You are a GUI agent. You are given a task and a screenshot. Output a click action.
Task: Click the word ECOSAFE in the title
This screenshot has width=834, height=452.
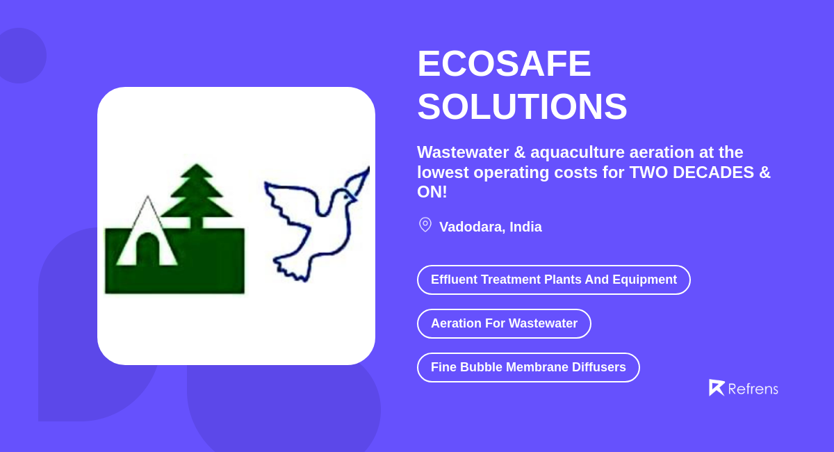pyautogui.click(x=504, y=64)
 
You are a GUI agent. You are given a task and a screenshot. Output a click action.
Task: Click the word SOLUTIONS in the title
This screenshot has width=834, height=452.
pyautogui.click(x=522, y=107)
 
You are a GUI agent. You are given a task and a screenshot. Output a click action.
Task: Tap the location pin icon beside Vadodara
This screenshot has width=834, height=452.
pyautogui.click(x=425, y=225)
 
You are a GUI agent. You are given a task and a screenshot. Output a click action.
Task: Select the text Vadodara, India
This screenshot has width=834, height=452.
pyautogui.click(x=490, y=227)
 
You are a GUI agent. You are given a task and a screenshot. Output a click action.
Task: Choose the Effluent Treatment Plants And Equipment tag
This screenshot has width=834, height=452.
pyautogui.click(x=553, y=280)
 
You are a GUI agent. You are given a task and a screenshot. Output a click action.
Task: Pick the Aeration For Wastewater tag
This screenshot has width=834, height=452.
pyautogui.click(x=504, y=323)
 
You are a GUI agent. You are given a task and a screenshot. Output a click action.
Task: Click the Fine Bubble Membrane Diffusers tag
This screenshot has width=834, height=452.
pyautogui.click(x=528, y=367)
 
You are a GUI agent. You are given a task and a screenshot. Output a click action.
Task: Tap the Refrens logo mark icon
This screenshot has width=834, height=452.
pyautogui.click(x=717, y=387)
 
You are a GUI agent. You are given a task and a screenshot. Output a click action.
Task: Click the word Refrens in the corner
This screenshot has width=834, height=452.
pyautogui.click(x=753, y=389)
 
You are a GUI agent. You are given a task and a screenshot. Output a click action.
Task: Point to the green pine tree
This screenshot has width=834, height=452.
pyautogui.click(x=196, y=191)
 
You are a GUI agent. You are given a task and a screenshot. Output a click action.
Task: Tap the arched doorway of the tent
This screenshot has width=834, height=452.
pyautogui.click(x=147, y=250)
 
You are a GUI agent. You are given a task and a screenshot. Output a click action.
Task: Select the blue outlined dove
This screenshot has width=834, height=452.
pyautogui.click(x=309, y=223)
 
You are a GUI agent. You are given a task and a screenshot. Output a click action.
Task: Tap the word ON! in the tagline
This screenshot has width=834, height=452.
pyautogui.click(x=432, y=192)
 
